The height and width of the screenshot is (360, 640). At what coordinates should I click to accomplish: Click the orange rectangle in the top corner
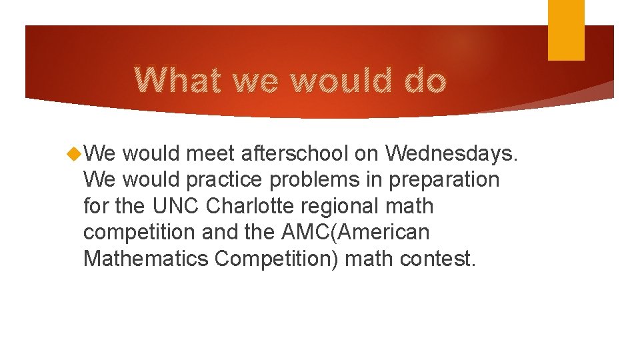[x=566, y=29]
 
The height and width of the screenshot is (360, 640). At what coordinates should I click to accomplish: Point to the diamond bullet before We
[x=74, y=154]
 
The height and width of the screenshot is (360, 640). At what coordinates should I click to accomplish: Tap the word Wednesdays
[x=451, y=154]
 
